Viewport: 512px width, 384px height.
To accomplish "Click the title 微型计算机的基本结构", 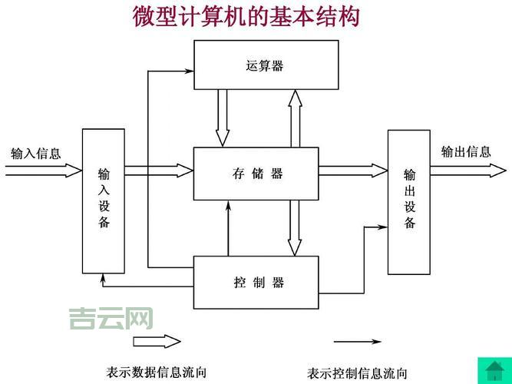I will [246, 16].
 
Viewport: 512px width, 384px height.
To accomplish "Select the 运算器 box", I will [266, 65].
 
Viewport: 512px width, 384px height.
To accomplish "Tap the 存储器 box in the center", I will [256, 174].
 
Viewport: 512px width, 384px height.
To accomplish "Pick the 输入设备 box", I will [104, 200].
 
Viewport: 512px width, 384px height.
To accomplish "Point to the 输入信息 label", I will [35, 153].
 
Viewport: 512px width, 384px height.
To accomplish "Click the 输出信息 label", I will [465, 151].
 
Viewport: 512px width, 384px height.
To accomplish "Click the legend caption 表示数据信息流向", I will [157, 372].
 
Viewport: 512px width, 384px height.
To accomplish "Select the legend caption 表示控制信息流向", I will [358, 373].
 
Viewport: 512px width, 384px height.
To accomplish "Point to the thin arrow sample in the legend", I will [357, 341].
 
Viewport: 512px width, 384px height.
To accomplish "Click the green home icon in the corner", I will [494, 369].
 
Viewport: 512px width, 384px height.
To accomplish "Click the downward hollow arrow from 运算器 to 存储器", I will [223, 117].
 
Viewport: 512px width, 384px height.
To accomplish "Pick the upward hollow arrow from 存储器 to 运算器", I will [295, 117].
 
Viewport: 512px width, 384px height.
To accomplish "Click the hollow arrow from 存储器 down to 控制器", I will [295, 228].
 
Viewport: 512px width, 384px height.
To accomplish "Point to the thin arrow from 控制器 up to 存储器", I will [228, 228].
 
